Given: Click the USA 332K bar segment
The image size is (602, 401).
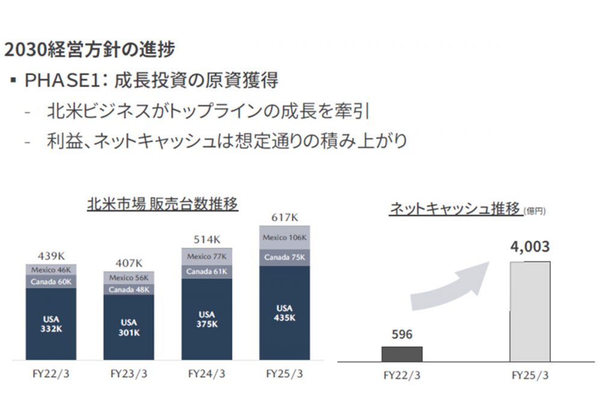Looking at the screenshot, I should tap(51, 325).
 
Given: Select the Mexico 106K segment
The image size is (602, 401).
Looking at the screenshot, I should tap(285, 237).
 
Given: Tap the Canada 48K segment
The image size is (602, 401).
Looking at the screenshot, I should tap(129, 289).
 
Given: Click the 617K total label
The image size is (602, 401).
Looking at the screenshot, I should tap(285, 217).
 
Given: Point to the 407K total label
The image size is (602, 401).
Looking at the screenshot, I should tap(129, 263).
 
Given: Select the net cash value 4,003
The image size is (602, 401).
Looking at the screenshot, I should tap(530, 248).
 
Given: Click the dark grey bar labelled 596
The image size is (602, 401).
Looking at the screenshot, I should tap(402, 354).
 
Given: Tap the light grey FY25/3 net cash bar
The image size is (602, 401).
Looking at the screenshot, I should tap(530, 311).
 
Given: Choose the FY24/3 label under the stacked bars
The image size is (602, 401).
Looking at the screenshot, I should tap(206, 373).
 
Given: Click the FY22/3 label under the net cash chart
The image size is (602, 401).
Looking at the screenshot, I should tap(402, 376).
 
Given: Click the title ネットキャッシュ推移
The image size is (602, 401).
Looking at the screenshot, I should tap(455, 209).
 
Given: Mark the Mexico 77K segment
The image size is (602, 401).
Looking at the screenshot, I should tap(206, 257).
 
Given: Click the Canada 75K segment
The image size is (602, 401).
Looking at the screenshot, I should tap(285, 257).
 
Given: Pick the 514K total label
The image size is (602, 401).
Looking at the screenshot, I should tap(206, 239).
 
